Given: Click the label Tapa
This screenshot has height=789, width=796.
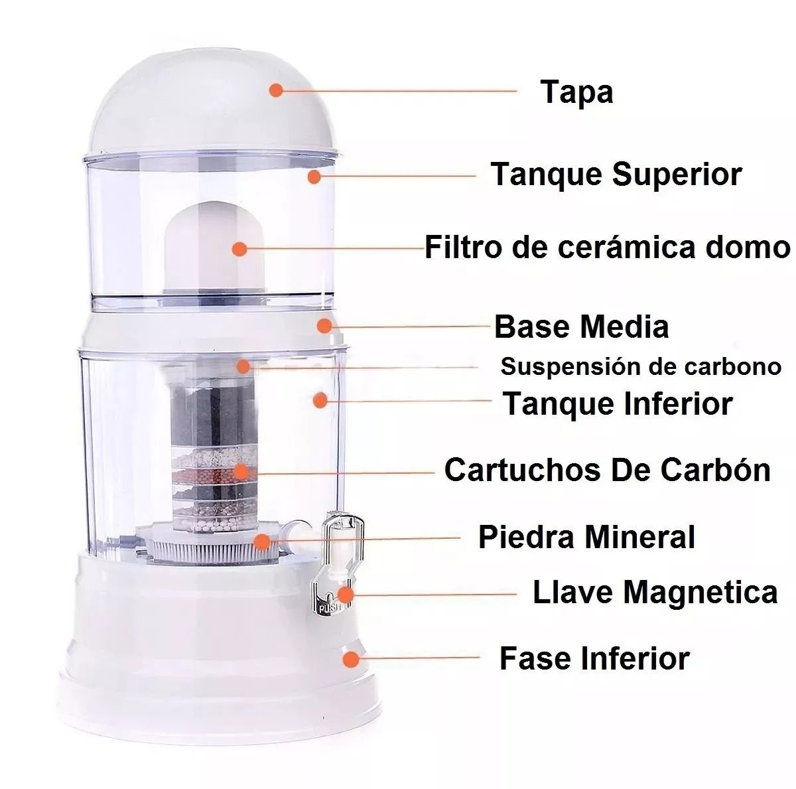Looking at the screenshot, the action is coord(576,94).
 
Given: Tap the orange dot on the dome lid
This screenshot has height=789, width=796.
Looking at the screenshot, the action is coord(276,90).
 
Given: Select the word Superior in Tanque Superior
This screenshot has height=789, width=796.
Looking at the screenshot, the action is coord(677,175).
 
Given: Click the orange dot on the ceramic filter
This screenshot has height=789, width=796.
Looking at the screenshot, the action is coord(239,249).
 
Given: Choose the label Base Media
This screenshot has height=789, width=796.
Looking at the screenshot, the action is coord(581,326).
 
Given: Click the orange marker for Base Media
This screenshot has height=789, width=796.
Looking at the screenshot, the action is coord(324,326).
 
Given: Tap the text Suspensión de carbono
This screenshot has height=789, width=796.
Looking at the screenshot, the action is coord(641,366).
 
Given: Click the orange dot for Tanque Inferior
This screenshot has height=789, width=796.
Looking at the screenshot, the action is coord(320,400).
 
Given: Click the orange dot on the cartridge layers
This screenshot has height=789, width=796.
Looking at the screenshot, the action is coord(240,472).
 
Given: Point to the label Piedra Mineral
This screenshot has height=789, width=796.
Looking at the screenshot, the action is coord(586,538).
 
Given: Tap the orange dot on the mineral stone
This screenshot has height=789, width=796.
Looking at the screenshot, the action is coord(262,541).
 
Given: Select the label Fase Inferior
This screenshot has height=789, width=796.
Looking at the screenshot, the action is coord(594,658).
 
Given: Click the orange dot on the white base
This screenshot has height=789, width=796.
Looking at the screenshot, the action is coord(351,659).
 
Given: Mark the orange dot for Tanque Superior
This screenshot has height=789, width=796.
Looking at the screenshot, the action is coord(314,177).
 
